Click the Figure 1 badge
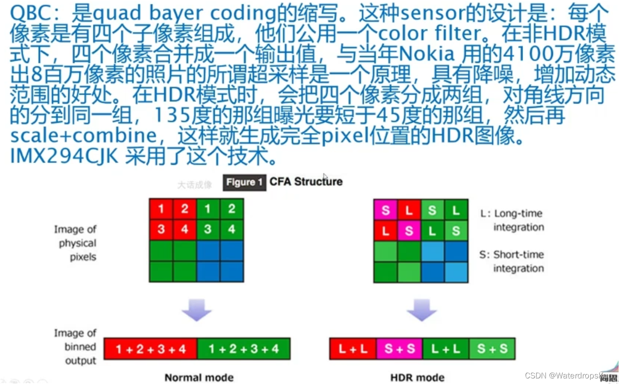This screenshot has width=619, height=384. [x=244, y=182]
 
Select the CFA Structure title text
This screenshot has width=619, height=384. [x=306, y=182]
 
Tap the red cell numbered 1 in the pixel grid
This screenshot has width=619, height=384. [x=161, y=209]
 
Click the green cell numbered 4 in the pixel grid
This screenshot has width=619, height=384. [x=232, y=229]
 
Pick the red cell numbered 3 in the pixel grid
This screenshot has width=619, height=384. [x=161, y=229]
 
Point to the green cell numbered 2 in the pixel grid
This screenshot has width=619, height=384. [x=232, y=209]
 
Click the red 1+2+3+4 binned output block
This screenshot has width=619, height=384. [x=151, y=349]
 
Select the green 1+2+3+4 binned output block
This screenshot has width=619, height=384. [x=244, y=349]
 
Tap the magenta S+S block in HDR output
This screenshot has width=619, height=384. [x=399, y=349]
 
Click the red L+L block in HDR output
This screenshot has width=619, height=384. [x=353, y=349]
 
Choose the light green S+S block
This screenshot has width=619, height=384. [x=492, y=349]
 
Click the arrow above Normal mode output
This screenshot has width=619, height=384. [x=197, y=310]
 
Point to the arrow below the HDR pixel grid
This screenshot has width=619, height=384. [x=421, y=310]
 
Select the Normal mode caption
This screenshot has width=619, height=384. [x=199, y=378]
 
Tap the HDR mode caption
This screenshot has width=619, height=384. [x=417, y=378]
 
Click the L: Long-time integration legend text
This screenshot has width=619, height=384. [x=512, y=220]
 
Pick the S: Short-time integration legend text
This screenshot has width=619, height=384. [x=512, y=261]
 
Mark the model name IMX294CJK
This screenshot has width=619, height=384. [x=64, y=156]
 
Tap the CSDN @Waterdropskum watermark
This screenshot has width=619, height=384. [x=569, y=375]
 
